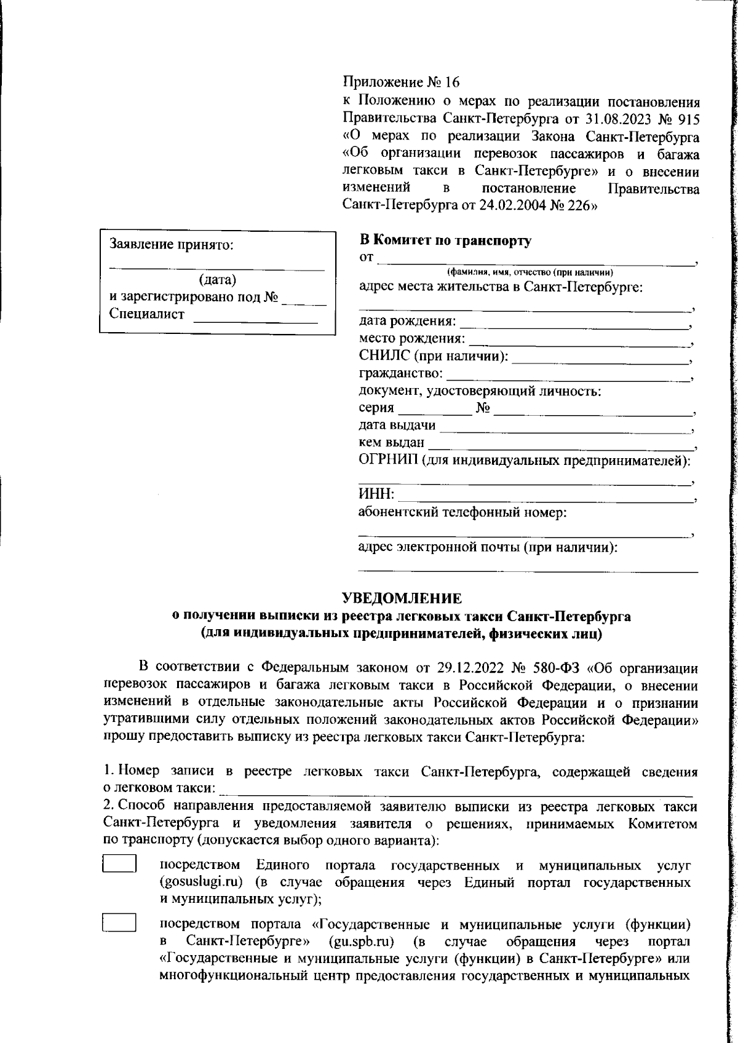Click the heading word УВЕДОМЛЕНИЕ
pos(401,598)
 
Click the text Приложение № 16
pos(400,82)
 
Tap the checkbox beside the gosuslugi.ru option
pos(119,864)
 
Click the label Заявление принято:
pos(172,245)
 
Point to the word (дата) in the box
pos(217,280)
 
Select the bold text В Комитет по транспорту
pos(445,241)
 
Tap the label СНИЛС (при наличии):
pos(434,356)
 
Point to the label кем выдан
pos(391,442)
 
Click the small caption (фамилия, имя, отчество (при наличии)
pos(530,272)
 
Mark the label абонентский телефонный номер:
pos(462,512)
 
